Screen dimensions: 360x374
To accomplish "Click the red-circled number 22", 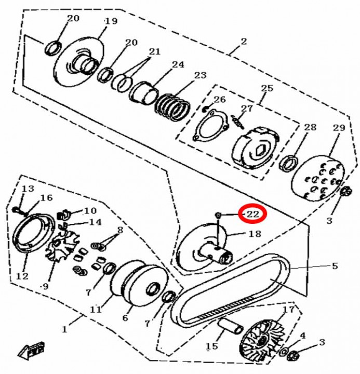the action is (253, 214).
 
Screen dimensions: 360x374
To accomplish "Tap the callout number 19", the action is (111, 21).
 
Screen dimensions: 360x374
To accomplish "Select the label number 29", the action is (339, 128).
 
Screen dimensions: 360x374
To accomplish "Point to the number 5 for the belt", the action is (335, 266).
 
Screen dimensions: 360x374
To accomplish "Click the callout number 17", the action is (289, 310).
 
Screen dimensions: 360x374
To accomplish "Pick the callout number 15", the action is (211, 346).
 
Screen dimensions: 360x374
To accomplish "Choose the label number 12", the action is (22, 276).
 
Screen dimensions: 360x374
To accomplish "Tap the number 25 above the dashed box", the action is (266, 88).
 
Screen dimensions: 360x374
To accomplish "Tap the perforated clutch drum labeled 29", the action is (318, 178).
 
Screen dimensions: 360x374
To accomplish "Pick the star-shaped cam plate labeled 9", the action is (62, 247).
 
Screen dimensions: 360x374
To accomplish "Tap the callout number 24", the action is (178, 64).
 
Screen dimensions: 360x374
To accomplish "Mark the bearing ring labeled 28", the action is (289, 164).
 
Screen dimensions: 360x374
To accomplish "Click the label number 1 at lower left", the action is (64, 329).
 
